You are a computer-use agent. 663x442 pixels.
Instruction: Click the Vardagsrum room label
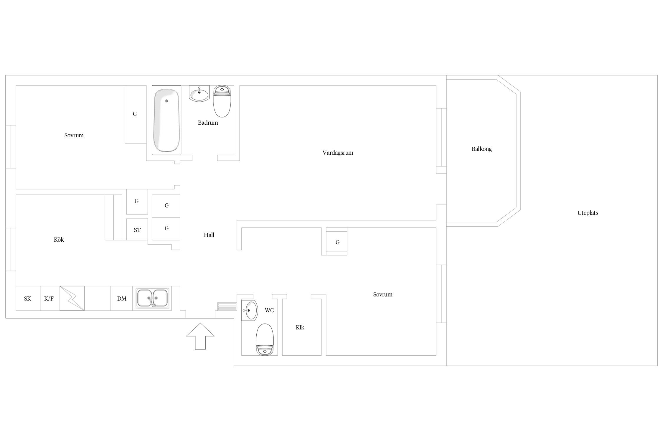(338, 153)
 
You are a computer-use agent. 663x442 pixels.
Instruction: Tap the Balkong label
(481, 149)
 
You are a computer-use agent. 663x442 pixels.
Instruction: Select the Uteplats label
(588, 213)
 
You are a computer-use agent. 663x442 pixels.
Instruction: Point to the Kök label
(59, 240)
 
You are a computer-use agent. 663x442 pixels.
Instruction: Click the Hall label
(209, 235)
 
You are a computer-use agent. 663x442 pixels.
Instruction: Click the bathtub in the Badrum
(166, 120)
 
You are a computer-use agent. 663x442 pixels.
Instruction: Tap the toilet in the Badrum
(222, 101)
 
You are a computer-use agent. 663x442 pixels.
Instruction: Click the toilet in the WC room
(265, 339)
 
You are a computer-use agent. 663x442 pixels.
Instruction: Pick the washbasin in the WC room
(250, 310)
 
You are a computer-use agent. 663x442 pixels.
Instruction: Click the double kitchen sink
(152, 298)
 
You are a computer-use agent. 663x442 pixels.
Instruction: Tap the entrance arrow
(200, 336)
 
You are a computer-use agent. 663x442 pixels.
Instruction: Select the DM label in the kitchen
(122, 299)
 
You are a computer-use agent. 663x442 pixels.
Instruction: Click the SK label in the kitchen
(27, 299)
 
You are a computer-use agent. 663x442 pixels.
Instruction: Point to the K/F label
(49, 299)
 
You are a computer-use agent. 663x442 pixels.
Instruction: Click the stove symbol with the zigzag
(72, 298)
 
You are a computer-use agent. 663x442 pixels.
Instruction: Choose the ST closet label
(137, 230)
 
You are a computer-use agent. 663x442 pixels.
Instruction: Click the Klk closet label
(300, 327)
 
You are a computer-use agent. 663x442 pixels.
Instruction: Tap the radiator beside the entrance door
(227, 306)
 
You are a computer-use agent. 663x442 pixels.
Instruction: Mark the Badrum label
(208, 123)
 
